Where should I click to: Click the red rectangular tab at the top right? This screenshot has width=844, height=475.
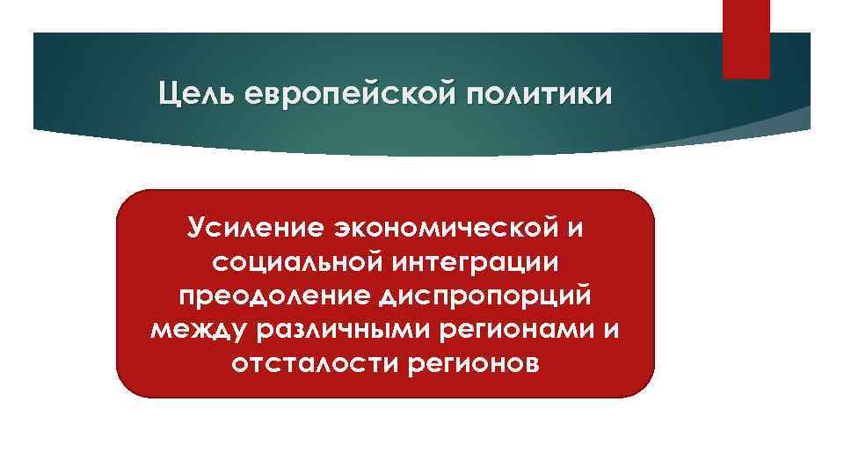746,39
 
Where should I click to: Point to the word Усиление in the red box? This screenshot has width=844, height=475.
255,228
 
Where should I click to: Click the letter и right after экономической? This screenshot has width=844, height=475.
575,228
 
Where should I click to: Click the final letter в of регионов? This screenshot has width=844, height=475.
527,363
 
